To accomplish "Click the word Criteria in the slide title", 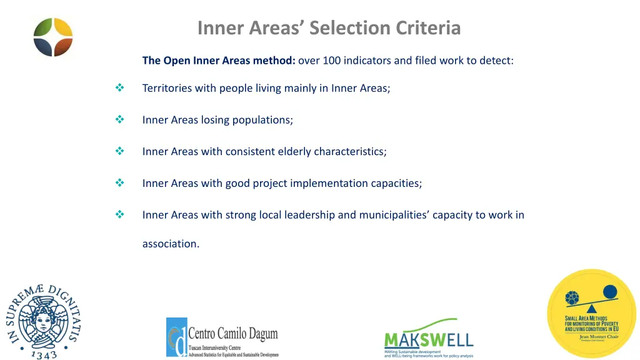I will tap(428, 28).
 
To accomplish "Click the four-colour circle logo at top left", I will tap(53, 37).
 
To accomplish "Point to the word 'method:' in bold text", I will tap(274, 61).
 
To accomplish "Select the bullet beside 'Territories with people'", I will tap(119, 88).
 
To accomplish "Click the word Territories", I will tap(167, 88).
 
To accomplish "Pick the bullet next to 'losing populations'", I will tap(119, 119).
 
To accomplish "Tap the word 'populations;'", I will tap(262, 120).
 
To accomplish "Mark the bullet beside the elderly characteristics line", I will tap(119, 151).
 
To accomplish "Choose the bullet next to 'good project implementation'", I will tap(119, 183).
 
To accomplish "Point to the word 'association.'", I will tap(171, 244).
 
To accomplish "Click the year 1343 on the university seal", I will tap(44, 354).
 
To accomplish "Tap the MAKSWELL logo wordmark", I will tap(428, 339).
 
